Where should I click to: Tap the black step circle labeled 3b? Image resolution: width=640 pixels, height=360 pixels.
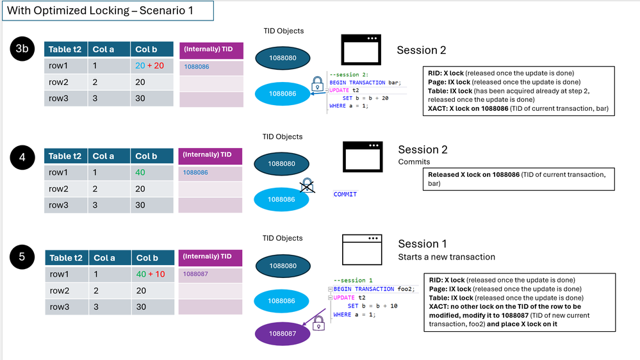click(22, 49)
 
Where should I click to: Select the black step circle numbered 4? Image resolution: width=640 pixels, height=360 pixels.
click(22, 157)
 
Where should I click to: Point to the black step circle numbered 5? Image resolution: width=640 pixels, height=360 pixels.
click(22, 257)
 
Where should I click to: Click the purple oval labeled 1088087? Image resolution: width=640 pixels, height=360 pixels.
click(283, 334)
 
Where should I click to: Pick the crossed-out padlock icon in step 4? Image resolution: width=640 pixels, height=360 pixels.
click(307, 185)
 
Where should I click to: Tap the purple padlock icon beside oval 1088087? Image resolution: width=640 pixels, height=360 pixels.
click(318, 324)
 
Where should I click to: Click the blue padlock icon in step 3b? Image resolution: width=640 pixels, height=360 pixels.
click(317, 84)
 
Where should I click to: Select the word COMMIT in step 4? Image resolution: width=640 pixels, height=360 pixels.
click(345, 194)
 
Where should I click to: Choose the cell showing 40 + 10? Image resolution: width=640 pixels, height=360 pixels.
click(152, 274)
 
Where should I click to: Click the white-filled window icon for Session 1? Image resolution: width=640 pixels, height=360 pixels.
click(362, 250)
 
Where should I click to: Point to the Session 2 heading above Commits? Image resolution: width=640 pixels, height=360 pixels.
click(423, 150)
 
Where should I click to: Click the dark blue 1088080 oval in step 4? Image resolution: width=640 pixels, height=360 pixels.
click(282, 164)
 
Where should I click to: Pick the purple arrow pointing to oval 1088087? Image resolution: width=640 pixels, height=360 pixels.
click(313, 317)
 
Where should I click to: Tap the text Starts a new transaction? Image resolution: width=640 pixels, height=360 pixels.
click(447, 257)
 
